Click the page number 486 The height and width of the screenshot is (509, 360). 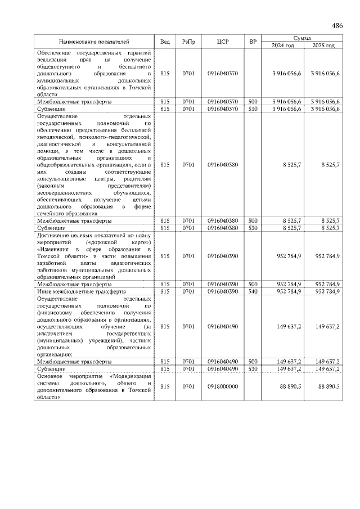pos(337,26)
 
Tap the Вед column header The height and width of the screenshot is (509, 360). pos(165,42)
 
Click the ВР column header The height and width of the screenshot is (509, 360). pos(253,42)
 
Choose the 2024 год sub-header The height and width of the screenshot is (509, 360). pos(283,45)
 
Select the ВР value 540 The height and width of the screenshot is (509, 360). pos(253,292)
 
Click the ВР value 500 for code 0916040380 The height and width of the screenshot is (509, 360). pos(253,221)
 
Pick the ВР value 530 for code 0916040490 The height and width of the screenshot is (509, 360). pos(253,369)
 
